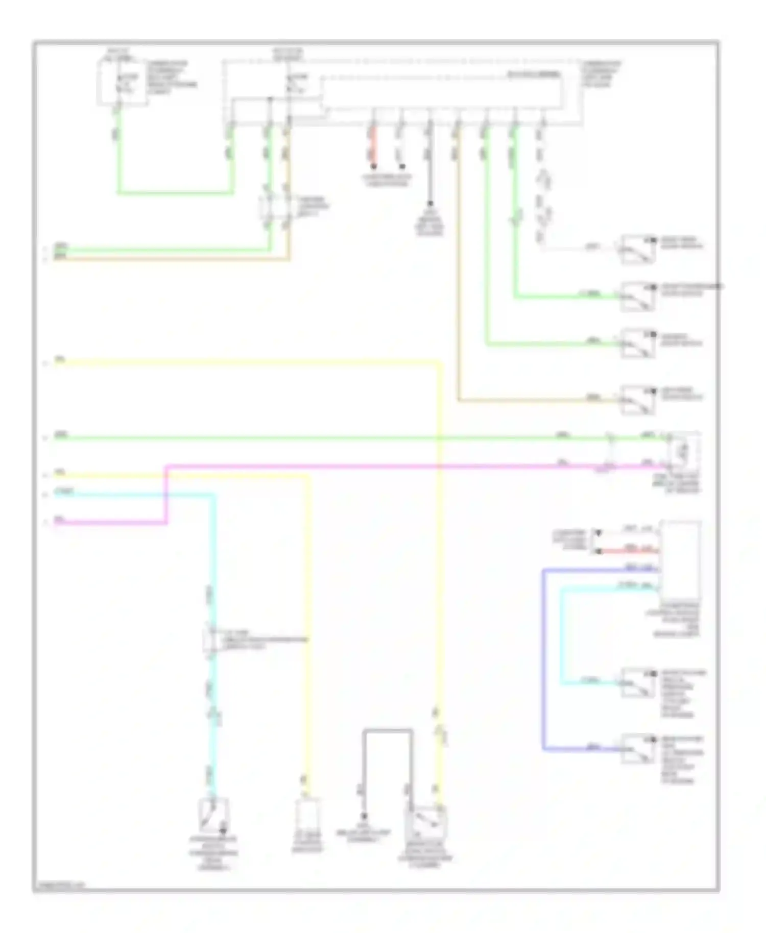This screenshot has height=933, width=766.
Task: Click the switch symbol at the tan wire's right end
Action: (638, 400)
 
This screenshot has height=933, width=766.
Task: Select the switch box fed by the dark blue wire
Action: (638, 749)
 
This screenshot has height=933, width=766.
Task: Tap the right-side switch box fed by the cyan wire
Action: (638, 682)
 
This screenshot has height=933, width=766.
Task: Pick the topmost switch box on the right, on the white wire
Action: (638, 249)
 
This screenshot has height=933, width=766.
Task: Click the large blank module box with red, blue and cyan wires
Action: (680, 560)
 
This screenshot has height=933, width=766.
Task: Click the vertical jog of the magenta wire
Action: (166, 494)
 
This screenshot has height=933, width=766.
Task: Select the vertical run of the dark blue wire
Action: (543, 658)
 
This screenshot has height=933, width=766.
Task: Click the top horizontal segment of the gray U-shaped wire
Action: (388, 730)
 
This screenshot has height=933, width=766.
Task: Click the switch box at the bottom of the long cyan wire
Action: (213, 816)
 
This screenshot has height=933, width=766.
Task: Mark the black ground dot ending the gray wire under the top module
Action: (430, 203)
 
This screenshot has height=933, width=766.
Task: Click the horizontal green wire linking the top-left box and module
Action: (175, 193)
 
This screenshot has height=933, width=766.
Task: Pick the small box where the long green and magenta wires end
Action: (684, 451)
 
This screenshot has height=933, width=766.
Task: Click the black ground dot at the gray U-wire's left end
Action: (364, 816)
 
